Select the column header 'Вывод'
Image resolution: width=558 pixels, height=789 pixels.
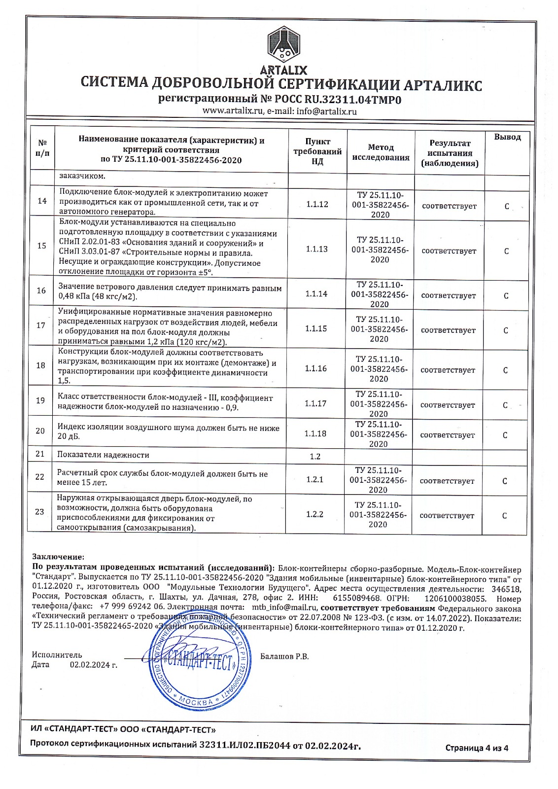507,137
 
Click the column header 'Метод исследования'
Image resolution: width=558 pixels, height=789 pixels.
381,152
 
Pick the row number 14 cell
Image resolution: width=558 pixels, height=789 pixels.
42,201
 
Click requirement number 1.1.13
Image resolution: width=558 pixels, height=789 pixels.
316,249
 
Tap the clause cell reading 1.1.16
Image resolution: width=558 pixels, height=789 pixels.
315,368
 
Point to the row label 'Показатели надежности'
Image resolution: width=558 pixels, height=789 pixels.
103,455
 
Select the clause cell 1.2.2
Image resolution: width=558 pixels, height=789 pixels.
314,514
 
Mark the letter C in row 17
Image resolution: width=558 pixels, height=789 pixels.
505,330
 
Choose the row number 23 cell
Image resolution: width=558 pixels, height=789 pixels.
40,511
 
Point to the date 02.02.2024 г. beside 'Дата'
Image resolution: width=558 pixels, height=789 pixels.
94,665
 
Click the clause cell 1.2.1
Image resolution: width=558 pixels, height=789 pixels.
314,479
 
